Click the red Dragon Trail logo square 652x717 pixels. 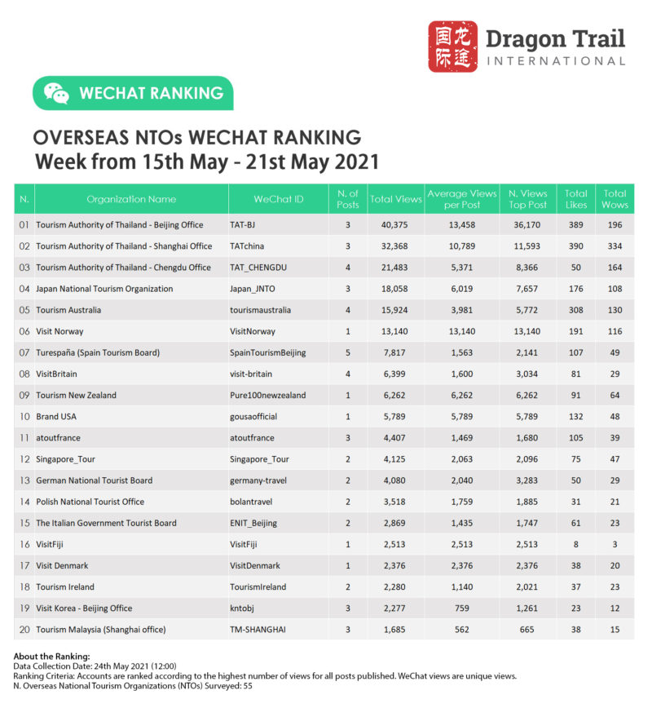[x=453, y=46]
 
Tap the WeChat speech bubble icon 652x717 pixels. [x=56, y=93]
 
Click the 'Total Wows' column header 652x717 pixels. [x=615, y=199]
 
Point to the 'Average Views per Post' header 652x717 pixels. [x=461, y=199]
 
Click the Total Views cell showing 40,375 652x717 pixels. [x=395, y=224]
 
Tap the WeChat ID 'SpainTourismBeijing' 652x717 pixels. [x=268, y=352]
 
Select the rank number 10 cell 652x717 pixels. [x=24, y=417]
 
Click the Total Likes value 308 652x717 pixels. [x=575, y=310]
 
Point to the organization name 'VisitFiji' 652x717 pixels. [x=55, y=544]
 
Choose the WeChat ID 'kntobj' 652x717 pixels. [x=244, y=608]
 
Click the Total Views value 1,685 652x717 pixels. [x=395, y=629]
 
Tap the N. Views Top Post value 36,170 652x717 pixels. [x=527, y=224]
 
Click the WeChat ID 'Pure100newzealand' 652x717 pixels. [x=268, y=395]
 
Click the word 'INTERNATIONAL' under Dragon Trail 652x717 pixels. [x=555, y=61]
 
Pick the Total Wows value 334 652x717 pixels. [x=615, y=246]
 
